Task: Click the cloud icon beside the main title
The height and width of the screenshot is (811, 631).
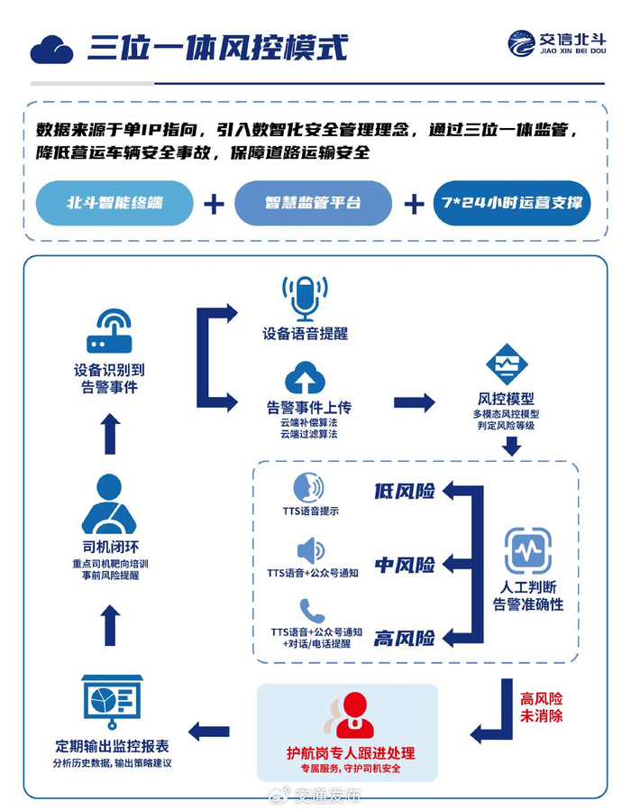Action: tap(51, 50)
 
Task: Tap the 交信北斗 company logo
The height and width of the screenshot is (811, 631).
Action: tap(557, 43)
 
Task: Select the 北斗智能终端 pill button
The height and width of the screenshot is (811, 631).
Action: tap(114, 203)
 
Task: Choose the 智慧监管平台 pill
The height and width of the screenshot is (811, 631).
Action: tap(313, 203)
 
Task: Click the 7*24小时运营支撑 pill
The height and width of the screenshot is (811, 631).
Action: tap(512, 203)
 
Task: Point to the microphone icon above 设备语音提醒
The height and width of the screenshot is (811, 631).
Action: tap(305, 299)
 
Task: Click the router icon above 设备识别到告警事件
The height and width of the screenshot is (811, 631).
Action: tap(109, 332)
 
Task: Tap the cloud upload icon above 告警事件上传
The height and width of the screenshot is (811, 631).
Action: tap(305, 378)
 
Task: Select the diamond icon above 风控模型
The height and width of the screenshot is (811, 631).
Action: tap(507, 364)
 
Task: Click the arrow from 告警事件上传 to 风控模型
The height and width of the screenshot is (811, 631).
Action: tap(414, 402)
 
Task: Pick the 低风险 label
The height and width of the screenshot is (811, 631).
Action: tap(405, 491)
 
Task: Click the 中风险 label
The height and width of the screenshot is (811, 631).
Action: tap(405, 565)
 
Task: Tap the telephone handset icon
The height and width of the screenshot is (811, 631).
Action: tap(312, 611)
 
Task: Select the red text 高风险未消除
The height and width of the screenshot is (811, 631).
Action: tap(541, 707)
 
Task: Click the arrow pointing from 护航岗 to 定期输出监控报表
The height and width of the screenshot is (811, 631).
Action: tap(209, 732)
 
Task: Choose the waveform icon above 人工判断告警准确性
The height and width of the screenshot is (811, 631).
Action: tap(527, 551)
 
